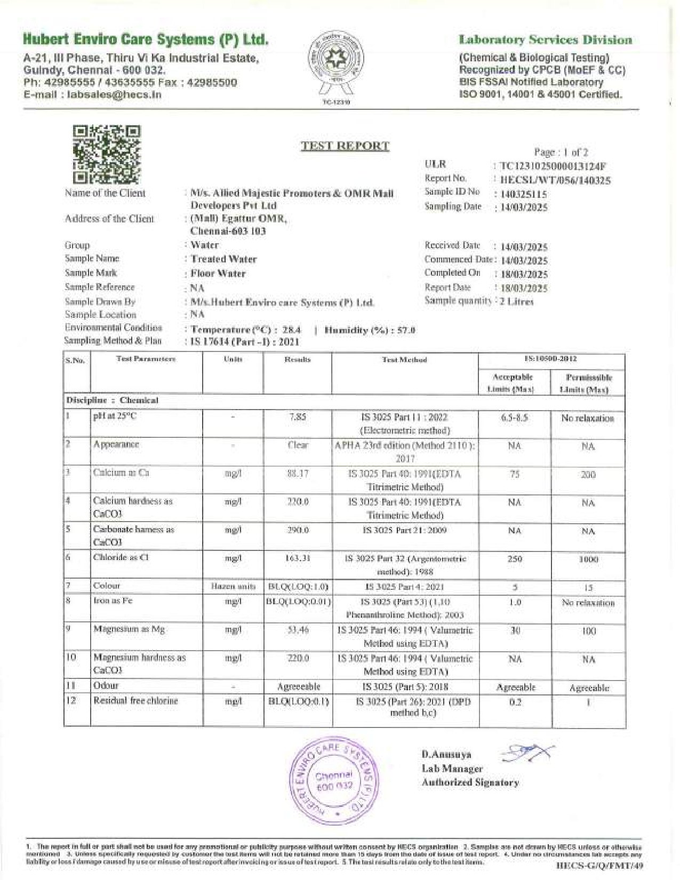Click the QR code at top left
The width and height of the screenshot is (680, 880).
point(107,155)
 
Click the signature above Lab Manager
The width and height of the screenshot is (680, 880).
point(528,753)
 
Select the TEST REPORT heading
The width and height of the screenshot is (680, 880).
point(345,146)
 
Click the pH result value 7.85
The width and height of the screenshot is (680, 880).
point(298,418)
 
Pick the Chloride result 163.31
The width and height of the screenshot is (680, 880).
point(298,558)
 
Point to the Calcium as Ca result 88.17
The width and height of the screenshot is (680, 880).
point(298,474)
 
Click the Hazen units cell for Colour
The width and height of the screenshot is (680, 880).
point(234,587)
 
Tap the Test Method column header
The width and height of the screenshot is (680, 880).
point(404,360)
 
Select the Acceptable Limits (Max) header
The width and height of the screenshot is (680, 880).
point(513,383)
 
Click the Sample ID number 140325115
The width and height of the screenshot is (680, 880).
point(524,194)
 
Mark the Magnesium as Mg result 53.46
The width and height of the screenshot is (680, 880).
point(298,630)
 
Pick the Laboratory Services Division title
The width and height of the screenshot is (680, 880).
point(546,40)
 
